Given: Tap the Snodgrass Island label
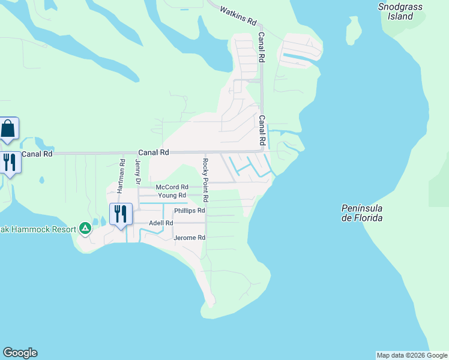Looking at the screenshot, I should point(400,11).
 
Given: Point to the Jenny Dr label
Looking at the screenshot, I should point(137,171).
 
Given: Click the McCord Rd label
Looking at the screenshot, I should point(172,187).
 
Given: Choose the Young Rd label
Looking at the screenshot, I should point(172,196).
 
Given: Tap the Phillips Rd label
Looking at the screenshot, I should point(190,211).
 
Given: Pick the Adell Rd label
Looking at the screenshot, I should point(161,223).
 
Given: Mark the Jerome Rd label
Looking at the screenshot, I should point(190,238).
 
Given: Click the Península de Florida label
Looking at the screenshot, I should point(362,213).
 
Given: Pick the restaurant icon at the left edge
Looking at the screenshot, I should point(8,162).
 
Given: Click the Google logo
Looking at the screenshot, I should point(20,353).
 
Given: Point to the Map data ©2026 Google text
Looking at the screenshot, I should point(411,355).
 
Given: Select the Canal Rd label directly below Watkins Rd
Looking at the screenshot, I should point(262,48).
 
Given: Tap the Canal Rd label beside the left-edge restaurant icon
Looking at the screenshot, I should point(37,154).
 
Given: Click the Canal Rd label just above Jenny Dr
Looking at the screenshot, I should point(154,152).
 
